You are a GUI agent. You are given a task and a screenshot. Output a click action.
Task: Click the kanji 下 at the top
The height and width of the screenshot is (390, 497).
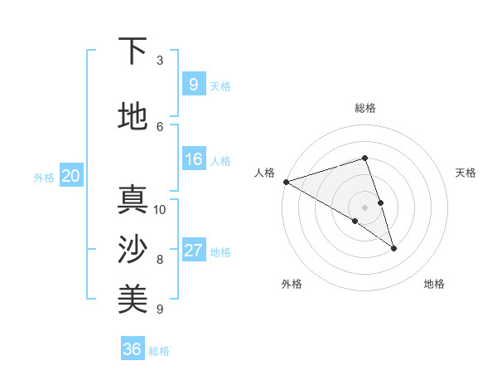[133, 51]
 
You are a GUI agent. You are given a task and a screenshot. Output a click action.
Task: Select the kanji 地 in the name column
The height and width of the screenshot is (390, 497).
[133, 116]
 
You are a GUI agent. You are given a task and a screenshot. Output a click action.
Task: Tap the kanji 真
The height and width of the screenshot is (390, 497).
[133, 200]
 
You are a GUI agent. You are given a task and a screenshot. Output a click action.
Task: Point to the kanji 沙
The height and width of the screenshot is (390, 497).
[133, 250]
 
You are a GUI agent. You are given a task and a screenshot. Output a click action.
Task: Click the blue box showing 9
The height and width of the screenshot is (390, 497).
[193, 84]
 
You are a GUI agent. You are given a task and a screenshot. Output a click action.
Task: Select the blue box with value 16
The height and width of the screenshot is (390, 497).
[193, 159]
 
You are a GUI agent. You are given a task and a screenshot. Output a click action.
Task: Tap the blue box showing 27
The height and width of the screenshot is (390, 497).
[193, 251]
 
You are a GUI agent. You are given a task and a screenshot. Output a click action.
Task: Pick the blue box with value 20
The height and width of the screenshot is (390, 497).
[70, 176]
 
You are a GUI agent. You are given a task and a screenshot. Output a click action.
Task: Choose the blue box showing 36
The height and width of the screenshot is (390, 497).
[133, 349]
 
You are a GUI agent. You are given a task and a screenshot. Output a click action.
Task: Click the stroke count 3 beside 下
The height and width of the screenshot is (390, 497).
[160, 61]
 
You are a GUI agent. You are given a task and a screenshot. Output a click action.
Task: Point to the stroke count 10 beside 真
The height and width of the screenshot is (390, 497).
[160, 210]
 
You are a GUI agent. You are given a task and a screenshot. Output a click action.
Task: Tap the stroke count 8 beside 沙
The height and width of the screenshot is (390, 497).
[160, 260]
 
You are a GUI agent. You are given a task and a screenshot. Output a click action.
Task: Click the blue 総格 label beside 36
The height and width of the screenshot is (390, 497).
[159, 351]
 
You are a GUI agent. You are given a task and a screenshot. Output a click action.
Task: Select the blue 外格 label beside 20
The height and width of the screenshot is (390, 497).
[44, 178]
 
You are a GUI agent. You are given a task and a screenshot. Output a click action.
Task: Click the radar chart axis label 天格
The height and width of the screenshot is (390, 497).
[466, 173]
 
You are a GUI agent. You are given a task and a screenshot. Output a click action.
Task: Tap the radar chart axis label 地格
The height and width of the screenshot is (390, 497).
[434, 284]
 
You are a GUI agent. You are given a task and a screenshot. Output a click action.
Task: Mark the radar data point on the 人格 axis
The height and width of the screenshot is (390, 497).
[286, 181]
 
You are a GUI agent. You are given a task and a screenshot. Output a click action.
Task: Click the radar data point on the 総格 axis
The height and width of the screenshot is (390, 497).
[364, 158]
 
